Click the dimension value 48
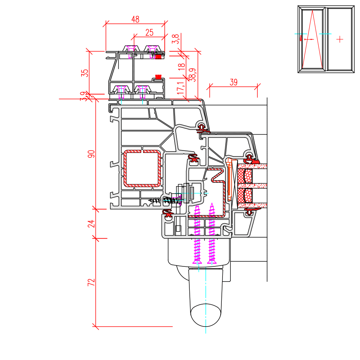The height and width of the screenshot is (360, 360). (x=135, y=19)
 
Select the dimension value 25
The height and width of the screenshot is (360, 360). (x=149, y=32)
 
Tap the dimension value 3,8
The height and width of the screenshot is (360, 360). (x=176, y=39)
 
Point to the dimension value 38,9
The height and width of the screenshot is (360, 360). (x=193, y=75)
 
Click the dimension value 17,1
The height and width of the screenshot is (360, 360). (x=181, y=87)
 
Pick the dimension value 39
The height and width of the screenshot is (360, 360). (x=234, y=82)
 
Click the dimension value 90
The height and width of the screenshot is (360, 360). (x=91, y=154)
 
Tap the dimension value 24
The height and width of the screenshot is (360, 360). (x=91, y=223)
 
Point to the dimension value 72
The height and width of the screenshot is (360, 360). (x=91, y=282)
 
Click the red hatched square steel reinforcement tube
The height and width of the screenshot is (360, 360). (x=143, y=168)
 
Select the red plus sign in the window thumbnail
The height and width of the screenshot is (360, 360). (x=340, y=39)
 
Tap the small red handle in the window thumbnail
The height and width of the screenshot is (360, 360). (x=301, y=39)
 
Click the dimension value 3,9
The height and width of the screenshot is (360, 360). (x=84, y=96)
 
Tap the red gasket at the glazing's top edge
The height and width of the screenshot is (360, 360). (x=252, y=159)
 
